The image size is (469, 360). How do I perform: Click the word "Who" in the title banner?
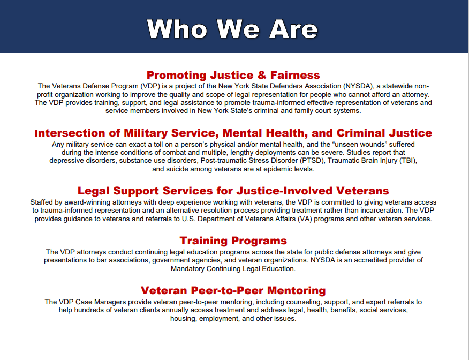pos(177,29)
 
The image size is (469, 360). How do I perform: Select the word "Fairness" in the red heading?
pos(295,75)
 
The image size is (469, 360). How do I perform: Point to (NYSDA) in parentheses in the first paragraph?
pos(359,86)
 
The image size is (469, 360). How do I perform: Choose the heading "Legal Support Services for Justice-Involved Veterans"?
pos(233,191)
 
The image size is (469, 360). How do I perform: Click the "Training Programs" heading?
pos(233,241)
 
